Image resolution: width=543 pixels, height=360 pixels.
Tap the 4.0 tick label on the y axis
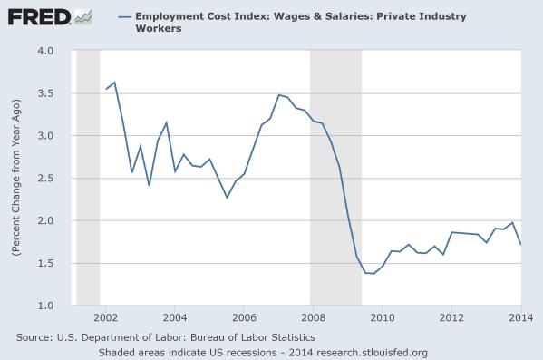(x=44, y=51)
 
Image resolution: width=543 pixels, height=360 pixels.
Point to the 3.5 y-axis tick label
(x=44, y=93)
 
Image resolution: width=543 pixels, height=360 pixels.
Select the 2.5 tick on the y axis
(x=44, y=179)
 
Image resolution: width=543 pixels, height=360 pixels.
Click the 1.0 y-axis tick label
(x=44, y=306)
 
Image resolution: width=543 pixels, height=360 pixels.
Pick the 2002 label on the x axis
(x=106, y=318)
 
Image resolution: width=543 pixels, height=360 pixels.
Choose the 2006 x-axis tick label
(x=244, y=318)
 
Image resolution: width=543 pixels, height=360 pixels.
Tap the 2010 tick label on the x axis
(x=382, y=318)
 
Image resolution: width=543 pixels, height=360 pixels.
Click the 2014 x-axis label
(x=519, y=318)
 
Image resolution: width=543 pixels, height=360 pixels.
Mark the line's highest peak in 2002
(x=114, y=83)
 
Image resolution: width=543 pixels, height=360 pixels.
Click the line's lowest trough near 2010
(x=373, y=274)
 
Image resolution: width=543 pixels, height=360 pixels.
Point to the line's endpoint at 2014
(x=519, y=245)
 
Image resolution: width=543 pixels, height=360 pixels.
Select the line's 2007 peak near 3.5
(x=278, y=94)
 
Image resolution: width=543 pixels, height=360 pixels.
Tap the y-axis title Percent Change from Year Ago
(x=17, y=178)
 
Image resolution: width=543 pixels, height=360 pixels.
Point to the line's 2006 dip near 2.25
(x=227, y=198)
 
